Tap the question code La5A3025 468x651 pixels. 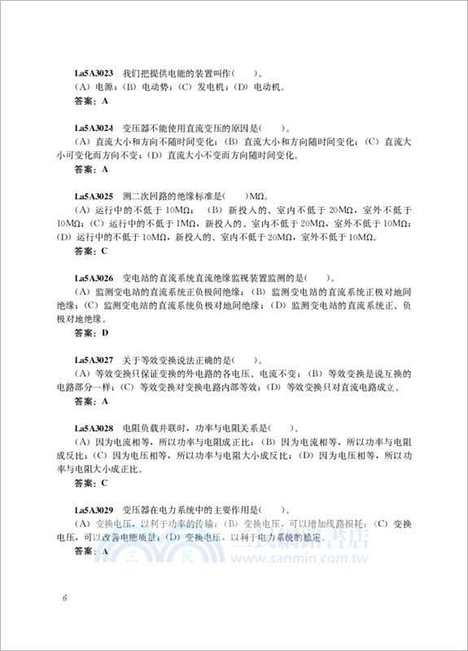94,196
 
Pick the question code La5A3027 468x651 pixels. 94,360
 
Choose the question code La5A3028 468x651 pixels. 94,428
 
